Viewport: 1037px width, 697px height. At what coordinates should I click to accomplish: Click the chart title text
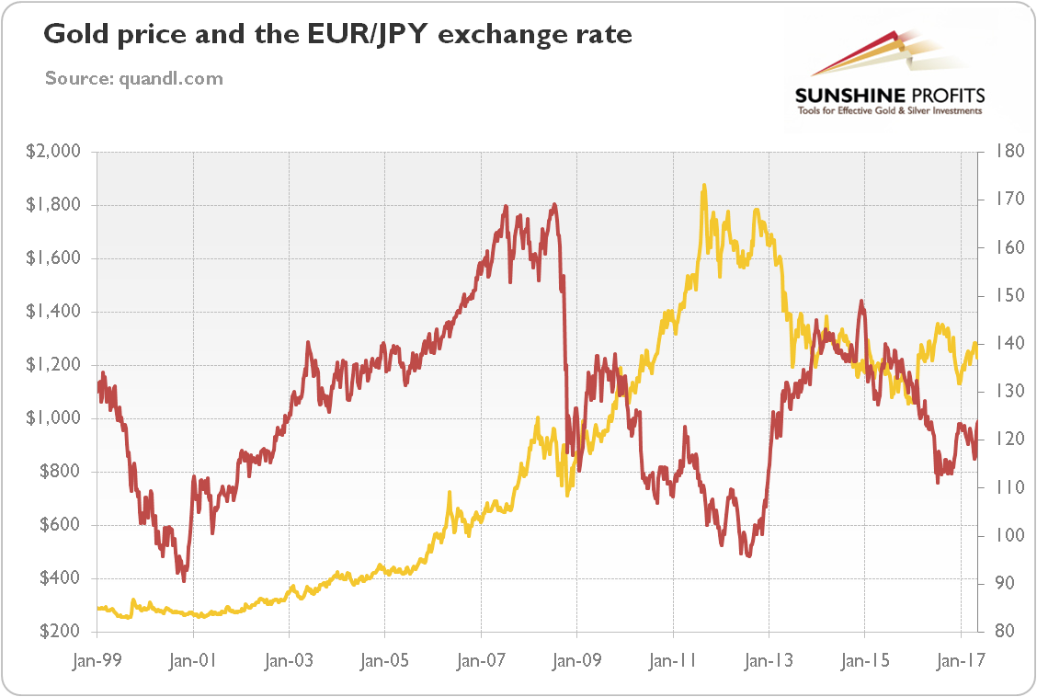click(338, 36)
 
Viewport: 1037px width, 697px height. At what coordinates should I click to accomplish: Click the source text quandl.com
click(134, 78)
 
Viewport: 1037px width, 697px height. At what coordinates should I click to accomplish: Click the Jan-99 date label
click(97, 660)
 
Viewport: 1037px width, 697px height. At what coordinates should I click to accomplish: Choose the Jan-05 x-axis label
click(384, 660)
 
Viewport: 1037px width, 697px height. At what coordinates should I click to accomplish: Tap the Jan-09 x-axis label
click(576, 660)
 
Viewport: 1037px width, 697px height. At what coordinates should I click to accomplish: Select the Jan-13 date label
click(769, 660)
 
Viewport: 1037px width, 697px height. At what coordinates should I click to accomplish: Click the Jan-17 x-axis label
click(961, 660)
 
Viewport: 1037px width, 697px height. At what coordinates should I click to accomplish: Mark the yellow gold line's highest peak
click(704, 185)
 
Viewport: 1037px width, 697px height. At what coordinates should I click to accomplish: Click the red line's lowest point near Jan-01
click(184, 580)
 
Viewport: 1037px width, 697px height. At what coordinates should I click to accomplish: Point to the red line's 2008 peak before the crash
click(553, 204)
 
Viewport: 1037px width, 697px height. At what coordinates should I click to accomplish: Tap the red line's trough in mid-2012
click(748, 556)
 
